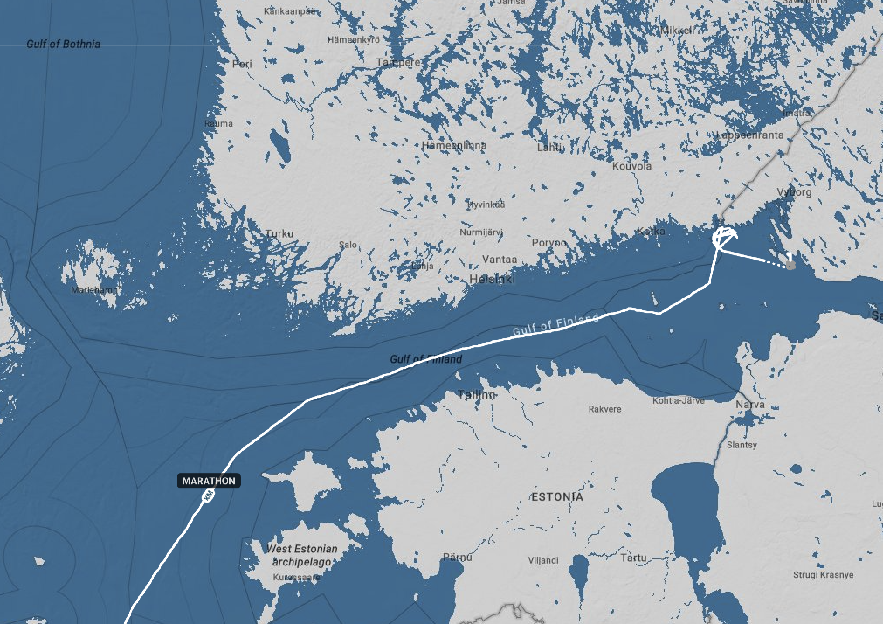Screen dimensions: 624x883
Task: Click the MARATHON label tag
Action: click(208, 481)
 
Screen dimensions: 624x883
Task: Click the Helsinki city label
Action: click(492, 279)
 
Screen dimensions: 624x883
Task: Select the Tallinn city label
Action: click(476, 395)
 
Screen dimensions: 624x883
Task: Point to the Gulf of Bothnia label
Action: click(63, 44)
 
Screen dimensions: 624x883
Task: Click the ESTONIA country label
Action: click(557, 497)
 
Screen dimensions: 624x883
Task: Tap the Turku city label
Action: click(279, 233)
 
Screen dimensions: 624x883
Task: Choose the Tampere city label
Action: click(398, 62)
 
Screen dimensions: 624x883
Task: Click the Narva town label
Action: click(750, 404)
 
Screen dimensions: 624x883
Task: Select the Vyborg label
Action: click(794, 192)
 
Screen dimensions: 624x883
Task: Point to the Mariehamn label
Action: click(94, 290)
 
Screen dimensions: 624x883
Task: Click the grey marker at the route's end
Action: click(790, 265)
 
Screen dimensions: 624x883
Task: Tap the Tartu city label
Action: click(633, 558)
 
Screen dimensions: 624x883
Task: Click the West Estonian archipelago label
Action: click(302, 555)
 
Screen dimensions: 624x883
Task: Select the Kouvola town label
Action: click(631, 166)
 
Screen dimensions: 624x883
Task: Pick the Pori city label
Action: click(242, 64)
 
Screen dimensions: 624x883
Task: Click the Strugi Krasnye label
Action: click(823, 575)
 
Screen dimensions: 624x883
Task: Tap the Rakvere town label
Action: click(604, 409)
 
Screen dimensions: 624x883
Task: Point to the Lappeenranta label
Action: click(750, 135)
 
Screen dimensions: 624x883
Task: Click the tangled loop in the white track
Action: click(723, 237)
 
